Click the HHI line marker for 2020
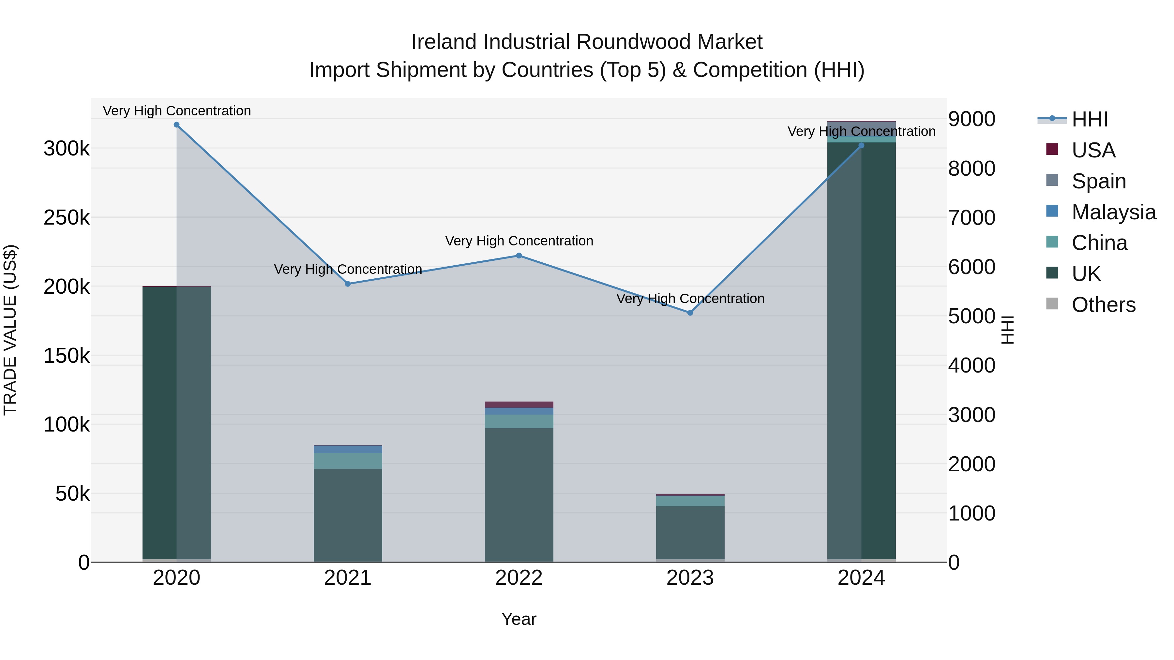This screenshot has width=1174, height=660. tap(176, 125)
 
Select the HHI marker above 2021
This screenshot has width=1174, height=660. tap(348, 284)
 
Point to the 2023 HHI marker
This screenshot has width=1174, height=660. tap(690, 313)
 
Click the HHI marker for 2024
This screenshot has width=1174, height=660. tap(861, 145)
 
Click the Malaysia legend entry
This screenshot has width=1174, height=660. tap(1113, 212)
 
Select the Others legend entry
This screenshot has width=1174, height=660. tap(1103, 305)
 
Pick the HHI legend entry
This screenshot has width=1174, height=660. tap(1089, 119)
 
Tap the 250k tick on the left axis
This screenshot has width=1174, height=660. tap(67, 218)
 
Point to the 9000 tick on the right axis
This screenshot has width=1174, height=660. tap(972, 119)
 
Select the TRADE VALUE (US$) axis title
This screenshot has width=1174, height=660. tap(10, 330)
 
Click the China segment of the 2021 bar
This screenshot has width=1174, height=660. tap(348, 461)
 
